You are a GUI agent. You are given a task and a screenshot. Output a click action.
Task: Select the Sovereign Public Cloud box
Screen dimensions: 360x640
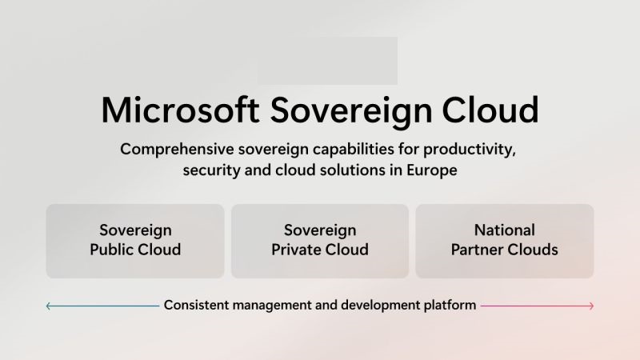pos(135,241)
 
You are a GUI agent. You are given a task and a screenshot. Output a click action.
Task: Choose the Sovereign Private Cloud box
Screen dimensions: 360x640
pos(320,241)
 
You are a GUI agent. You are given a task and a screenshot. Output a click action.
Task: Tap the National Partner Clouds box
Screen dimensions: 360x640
pos(505,241)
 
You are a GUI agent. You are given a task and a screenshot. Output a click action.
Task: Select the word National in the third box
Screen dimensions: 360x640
pos(505,231)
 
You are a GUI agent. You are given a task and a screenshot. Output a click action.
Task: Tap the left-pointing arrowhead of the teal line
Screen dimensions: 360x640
pos(48,306)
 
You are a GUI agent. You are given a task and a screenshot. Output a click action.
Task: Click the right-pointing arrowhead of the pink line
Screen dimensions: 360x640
pos(591,306)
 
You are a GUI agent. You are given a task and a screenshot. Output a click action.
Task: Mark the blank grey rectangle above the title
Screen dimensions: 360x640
pos(327,61)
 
